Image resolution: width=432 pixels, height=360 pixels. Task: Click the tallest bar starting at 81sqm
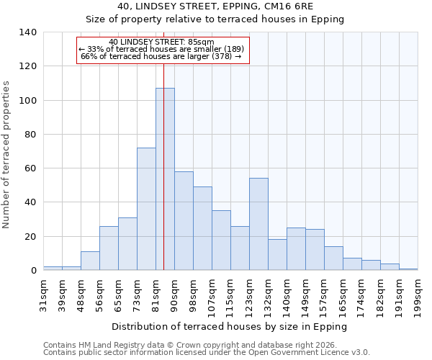[x=165, y=179]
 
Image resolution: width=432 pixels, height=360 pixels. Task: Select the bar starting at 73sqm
[x=146, y=209]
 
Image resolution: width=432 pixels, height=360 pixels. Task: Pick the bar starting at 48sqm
[x=90, y=261]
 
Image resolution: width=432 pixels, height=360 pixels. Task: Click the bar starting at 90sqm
[x=184, y=221]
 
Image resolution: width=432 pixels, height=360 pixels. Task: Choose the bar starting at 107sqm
[x=221, y=240]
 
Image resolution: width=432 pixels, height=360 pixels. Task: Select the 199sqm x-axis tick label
[x=418, y=294]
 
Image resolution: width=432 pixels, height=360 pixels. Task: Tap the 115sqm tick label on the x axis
[x=231, y=294]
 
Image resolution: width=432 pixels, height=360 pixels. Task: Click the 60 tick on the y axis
[x=30, y=168]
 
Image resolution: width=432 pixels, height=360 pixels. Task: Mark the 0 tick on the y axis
[x=33, y=271]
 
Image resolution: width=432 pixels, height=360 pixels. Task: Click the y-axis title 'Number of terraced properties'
[x=7, y=154]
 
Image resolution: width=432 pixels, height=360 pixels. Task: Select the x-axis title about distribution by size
[x=230, y=326]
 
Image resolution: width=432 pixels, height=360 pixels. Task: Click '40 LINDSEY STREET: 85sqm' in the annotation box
[x=161, y=42]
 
